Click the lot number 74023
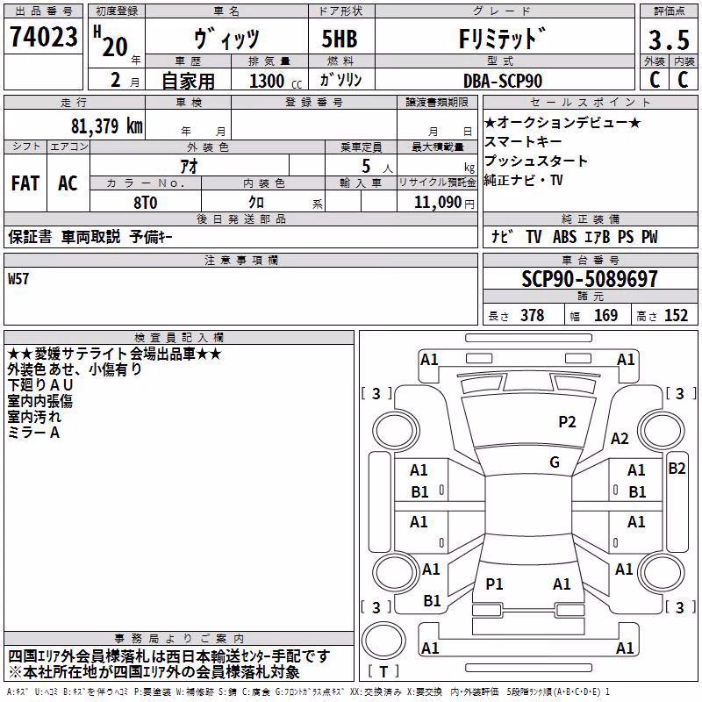(x=44, y=36)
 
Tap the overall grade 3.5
(x=669, y=40)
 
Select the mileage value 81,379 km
(x=107, y=126)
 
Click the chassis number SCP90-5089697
(x=590, y=279)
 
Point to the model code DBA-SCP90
(x=503, y=81)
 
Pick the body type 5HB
(x=340, y=39)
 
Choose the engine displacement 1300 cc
(x=276, y=81)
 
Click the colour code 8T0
(x=146, y=203)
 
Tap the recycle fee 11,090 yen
(x=444, y=203)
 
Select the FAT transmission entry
(x=25, y=183)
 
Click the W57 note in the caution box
(x=18, y=279)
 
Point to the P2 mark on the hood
(x=567, y=422)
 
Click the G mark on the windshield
(x=555, y=462)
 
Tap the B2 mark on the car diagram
(x=677, y=469)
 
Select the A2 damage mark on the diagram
(x=620, y=439)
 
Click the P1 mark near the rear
(x=494, y=584)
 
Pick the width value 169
(x=605, y=315)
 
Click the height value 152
(x=676, y=315)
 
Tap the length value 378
(x=533, y=315)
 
